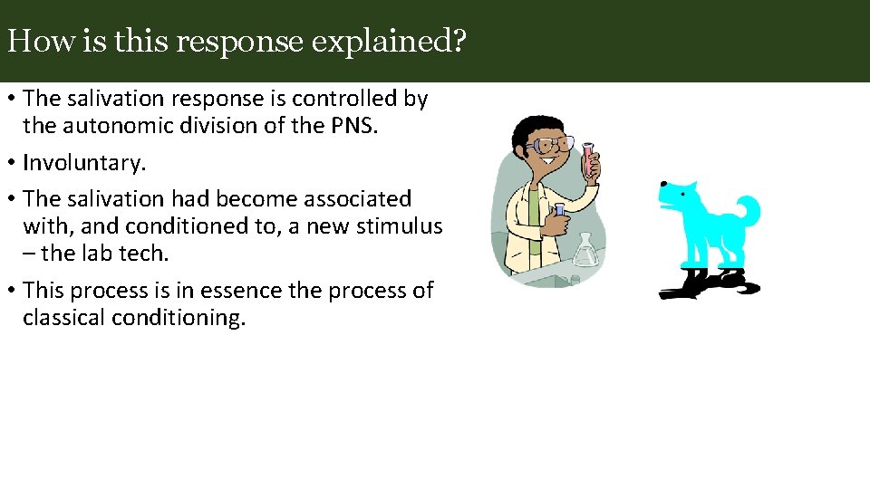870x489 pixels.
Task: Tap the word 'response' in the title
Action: pyautogui.click(x=237, y=42)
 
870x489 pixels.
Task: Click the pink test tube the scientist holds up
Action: pyautogui.click(x=589, y=159)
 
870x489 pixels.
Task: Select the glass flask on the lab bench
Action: pyautogui.click(x=585, y=250)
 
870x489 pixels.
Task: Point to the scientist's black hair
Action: pyautogui.click(x=530, y=127)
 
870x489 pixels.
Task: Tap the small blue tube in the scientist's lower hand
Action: pyautogui.click(x=560, y=209)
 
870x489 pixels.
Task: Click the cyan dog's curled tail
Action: pyautogui.click(x=749, y=212)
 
